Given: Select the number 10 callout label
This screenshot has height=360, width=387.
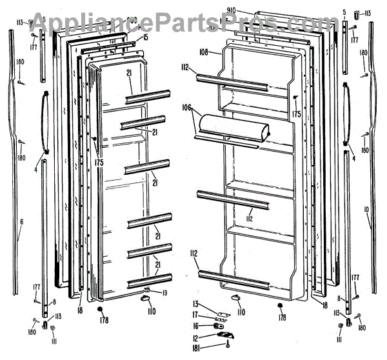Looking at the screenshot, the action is pyautogui.click(x=366, y=209).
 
